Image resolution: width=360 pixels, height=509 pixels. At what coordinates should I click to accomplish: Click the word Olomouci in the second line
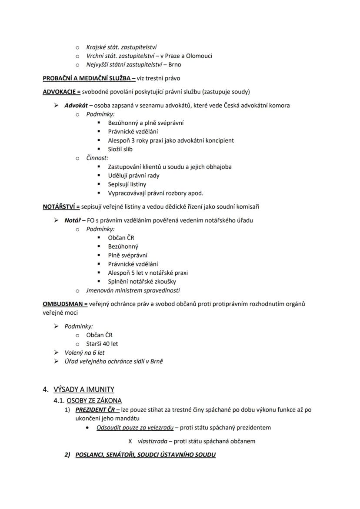[200, 56]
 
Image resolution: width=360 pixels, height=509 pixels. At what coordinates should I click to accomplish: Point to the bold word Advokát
[76, 105]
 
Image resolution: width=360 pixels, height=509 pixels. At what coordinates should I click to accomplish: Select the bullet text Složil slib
[120, 149]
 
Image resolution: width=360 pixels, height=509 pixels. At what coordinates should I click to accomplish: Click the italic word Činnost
[97, 158]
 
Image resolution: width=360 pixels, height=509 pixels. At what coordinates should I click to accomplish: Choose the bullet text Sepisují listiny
[127, 184]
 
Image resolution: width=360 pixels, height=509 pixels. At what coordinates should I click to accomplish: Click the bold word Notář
[73, 220]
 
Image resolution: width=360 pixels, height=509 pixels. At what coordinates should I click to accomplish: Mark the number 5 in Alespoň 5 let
[133, 273]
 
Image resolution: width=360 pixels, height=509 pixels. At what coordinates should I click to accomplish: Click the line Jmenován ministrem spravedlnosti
[133, 290]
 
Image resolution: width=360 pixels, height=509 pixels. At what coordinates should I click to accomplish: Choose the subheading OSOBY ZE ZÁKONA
[94, 400]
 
